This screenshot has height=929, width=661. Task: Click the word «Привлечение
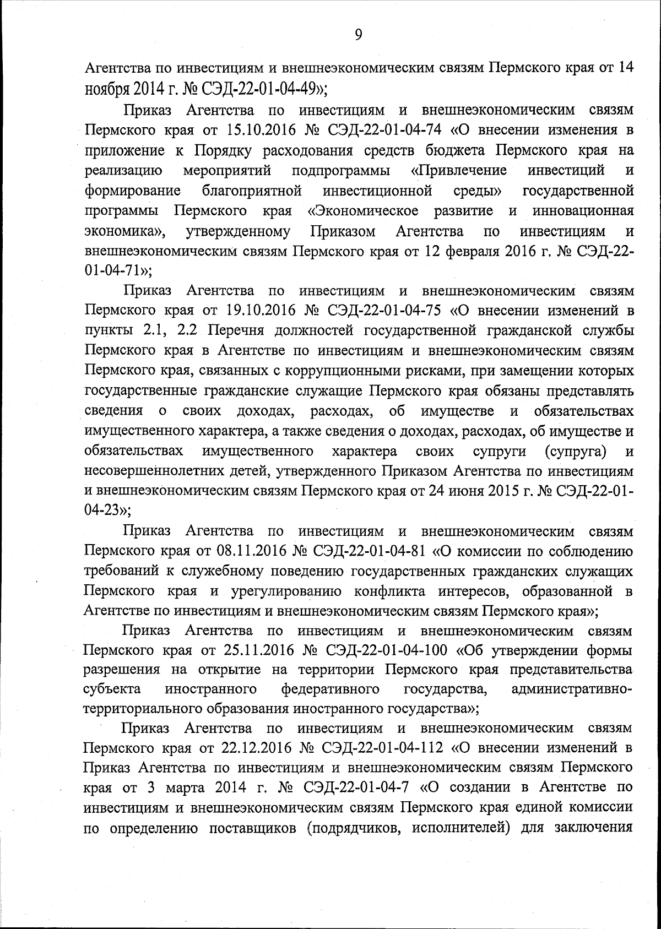click(459, 170)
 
